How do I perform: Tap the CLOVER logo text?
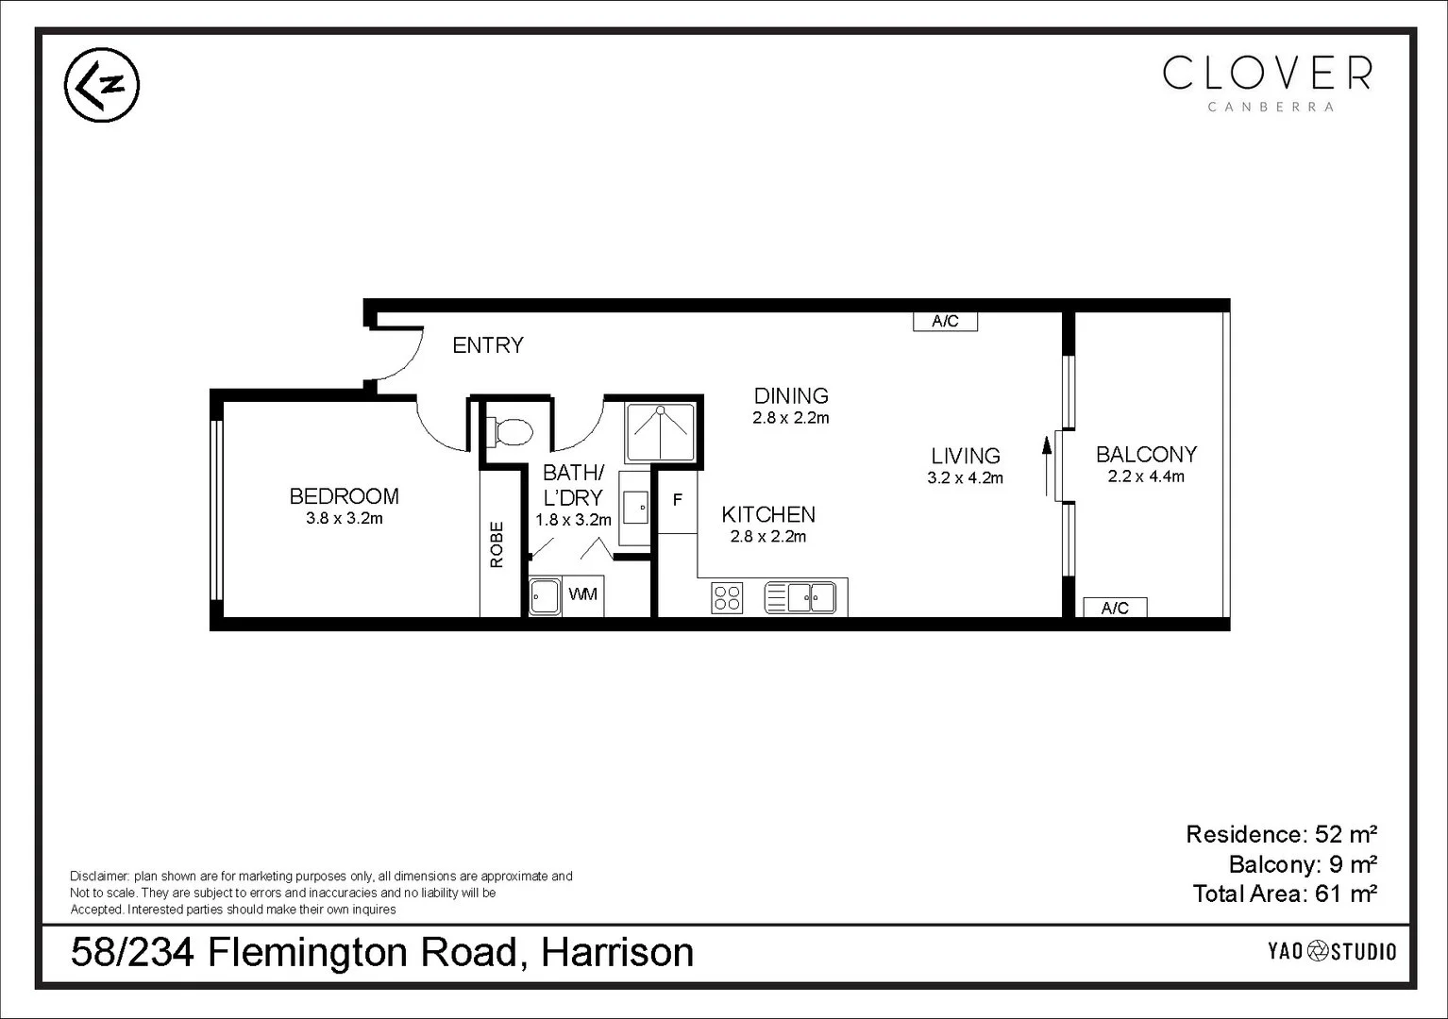click(1268, 73)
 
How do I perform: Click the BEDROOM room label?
click(344, 496)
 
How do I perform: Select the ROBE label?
click(497, 544)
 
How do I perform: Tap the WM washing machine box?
click(583, 595)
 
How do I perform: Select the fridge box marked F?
click(677, 500)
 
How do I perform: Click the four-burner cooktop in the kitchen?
click(727, 598)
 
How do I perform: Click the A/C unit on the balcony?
click(1115, 608)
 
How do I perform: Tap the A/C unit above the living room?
click(945, 322)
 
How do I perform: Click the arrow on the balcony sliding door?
click(1047, 464)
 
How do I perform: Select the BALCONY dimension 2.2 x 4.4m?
click(1146, 477)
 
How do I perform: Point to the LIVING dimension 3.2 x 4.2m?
click(965, 478)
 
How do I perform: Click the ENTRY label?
click(487, 345)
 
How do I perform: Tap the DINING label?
click(791, 396)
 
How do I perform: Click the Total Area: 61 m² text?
click(1284, 894)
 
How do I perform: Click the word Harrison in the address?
click(617, 952)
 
